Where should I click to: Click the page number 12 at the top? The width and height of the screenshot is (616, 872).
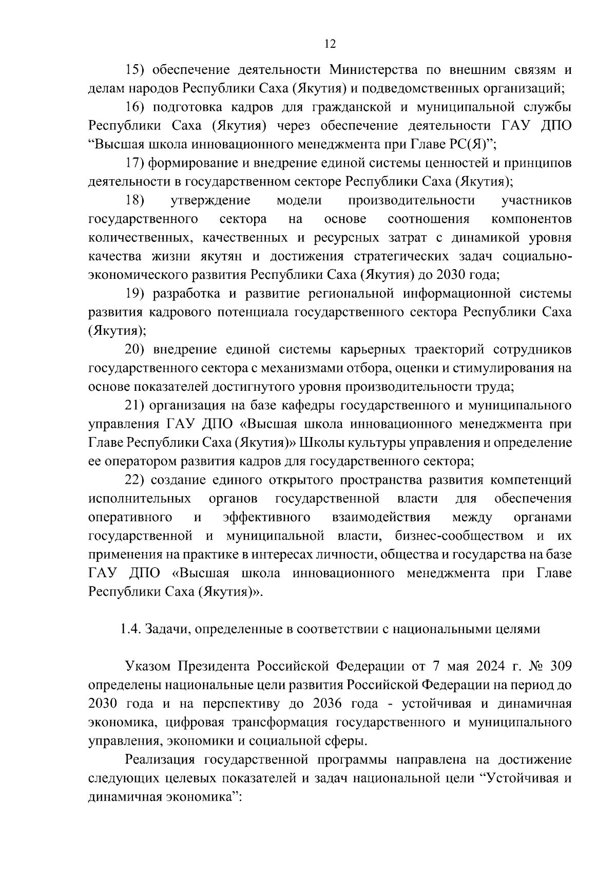(330, 44)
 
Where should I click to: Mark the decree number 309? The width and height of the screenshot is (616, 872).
(560, 667)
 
